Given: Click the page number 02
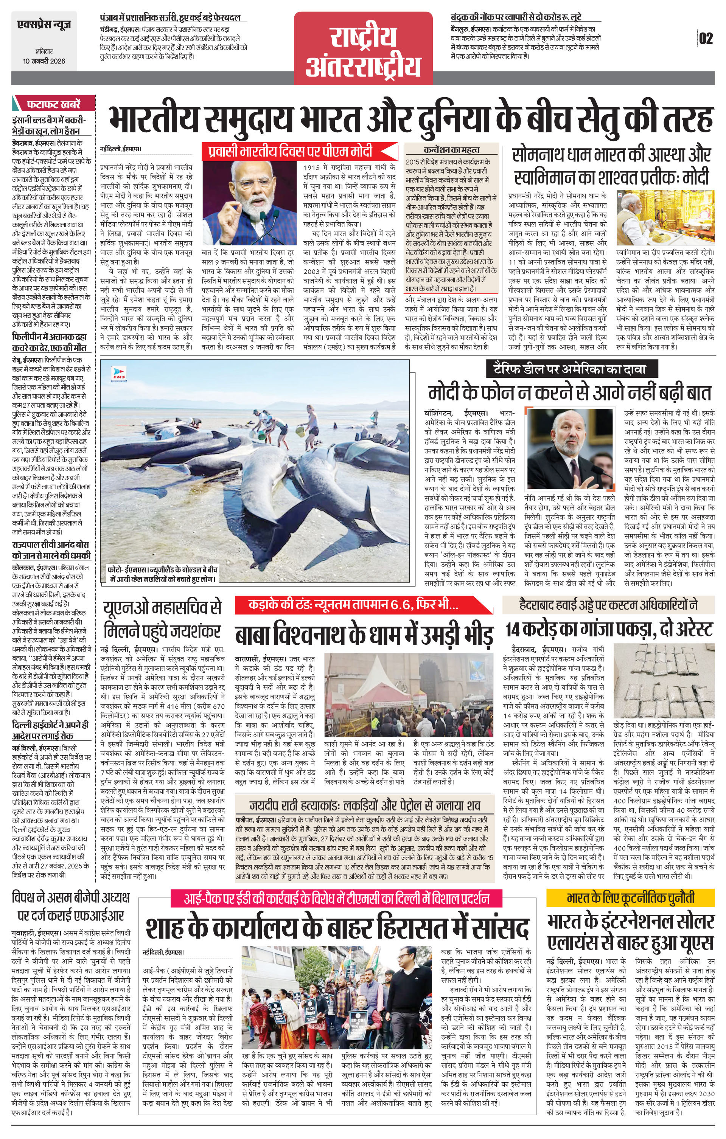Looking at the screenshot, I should coord(705,38).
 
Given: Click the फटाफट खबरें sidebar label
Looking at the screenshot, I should coord(53,104).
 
